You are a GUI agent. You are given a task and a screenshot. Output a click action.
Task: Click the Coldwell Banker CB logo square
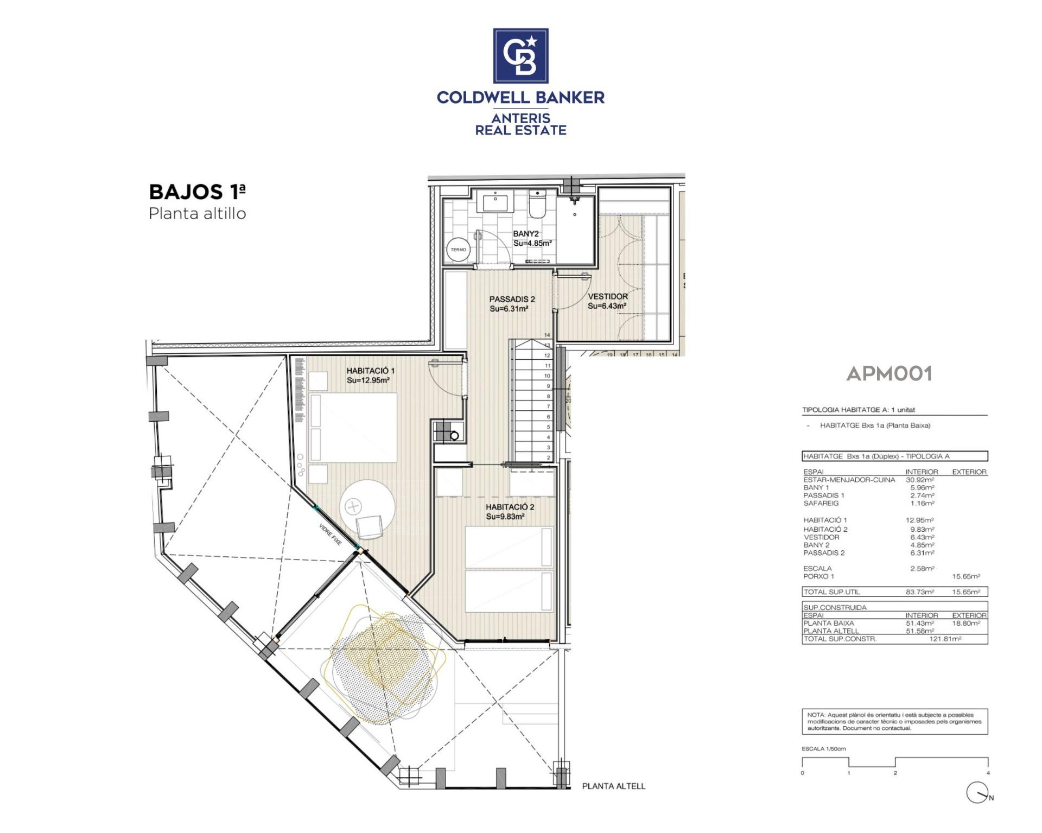click(520, 56)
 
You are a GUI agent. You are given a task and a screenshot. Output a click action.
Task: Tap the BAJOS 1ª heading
click(197, 192)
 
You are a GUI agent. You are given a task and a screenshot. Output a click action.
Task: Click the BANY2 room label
click(526, 234)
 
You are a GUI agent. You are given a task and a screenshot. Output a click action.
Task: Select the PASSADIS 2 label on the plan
click(512, 299)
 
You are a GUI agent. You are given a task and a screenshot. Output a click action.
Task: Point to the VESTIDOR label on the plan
click(608, 296)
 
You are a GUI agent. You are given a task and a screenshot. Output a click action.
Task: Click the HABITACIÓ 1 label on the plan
click(371, 371)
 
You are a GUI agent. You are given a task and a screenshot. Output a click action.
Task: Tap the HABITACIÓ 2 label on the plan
click(510, 507)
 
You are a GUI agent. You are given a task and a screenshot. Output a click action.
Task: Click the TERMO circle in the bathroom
click(458, 250)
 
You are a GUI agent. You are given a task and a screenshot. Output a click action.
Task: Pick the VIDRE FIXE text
click(331, 535)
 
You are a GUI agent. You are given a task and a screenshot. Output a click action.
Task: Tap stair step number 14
click(548, 335)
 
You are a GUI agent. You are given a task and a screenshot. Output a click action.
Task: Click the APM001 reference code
click(889, 373)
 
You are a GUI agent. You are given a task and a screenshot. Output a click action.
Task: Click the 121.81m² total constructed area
click(945, 639)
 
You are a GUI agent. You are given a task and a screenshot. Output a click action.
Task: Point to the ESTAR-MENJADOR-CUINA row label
click(849, 480)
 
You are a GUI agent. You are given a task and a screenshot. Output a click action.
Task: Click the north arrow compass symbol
click(977, 793)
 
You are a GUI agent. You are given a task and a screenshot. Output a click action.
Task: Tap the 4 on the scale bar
click(988, 773)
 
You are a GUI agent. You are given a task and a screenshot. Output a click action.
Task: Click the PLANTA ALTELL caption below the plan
click(613, 786)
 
